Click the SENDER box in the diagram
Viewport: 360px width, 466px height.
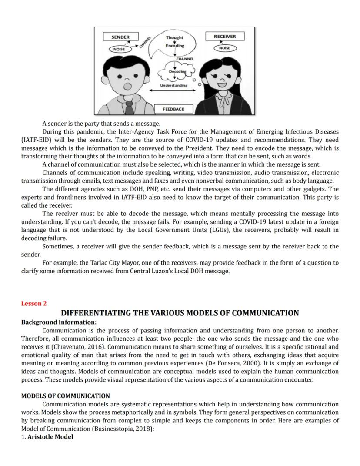[x=120, y=37]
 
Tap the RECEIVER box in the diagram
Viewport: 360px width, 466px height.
[x=224, y=37]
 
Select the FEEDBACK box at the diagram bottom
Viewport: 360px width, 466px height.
[x=173, y=109]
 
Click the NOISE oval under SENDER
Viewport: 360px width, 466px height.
[x=119, y=49]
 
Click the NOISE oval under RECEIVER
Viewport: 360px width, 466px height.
[x=224, y=48]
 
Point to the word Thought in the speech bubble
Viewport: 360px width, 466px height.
[x=174, y=38]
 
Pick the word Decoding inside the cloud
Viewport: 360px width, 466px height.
[x=177, y=71]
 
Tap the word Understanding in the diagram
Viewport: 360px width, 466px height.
[x=174, y=85]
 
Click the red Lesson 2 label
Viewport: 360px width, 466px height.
[x=34, y=304]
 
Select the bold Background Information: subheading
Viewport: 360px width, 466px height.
[x=59, y=322]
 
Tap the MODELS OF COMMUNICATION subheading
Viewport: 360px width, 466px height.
[x=65, y=396]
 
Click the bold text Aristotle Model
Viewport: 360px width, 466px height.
[x=50, y=437]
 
